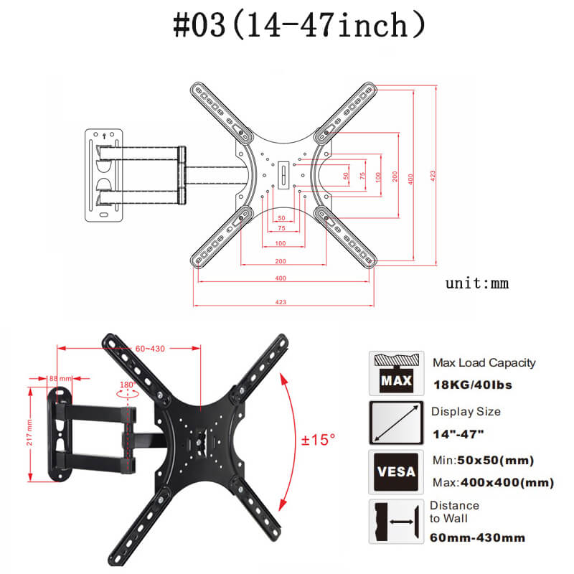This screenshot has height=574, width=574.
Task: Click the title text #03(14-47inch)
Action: click(x=299, y=25)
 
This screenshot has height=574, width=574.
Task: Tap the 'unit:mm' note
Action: click(x=477, y=283)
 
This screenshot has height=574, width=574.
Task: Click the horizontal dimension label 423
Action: click(x=281, y=302)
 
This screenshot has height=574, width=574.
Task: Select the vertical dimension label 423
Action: click(x=433, y=176)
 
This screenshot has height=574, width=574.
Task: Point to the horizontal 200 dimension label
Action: click(x=281, y=261)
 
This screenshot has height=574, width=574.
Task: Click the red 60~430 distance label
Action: click(x=150, y=349)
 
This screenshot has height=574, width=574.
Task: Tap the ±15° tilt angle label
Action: click(x=318, y=439)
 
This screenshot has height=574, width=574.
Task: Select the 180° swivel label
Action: click(x=128, y=385)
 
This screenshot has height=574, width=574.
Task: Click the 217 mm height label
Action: click(x=29, y=433)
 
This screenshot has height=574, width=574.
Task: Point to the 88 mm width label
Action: click(x=60, y=378)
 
